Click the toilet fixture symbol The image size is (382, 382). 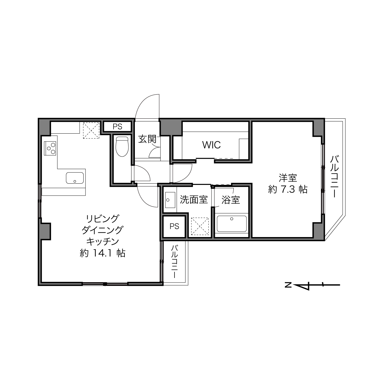[x=122, y=146]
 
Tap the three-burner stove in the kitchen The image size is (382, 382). [x=50, y=148]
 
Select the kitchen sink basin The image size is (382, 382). [x=75, y=178]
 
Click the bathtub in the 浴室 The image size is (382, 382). [x=232, y=224]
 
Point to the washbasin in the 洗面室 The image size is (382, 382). [x=170, y=200]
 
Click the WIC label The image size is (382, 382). [x=211, y=145]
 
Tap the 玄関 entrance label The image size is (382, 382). [x=147, y=139]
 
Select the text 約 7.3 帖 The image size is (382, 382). [x=288, y=189]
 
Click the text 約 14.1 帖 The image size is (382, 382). [x=103, y=253]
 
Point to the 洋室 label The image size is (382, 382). [x=288, y=178]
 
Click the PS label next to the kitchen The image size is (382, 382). [x=117, y=127]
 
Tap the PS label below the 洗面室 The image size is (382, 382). [x=174, y=226]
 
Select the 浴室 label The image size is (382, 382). [x=231, y=200]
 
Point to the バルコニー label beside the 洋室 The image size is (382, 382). [x=334, y=177]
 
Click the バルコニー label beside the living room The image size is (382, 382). [x=174, y=261]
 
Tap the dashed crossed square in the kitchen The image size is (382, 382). [x=91, y=130]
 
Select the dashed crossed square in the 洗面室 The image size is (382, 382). [x=200, y=226]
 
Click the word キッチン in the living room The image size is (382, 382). [x=103, y=241]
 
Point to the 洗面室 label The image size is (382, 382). [x=194, y=200]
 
